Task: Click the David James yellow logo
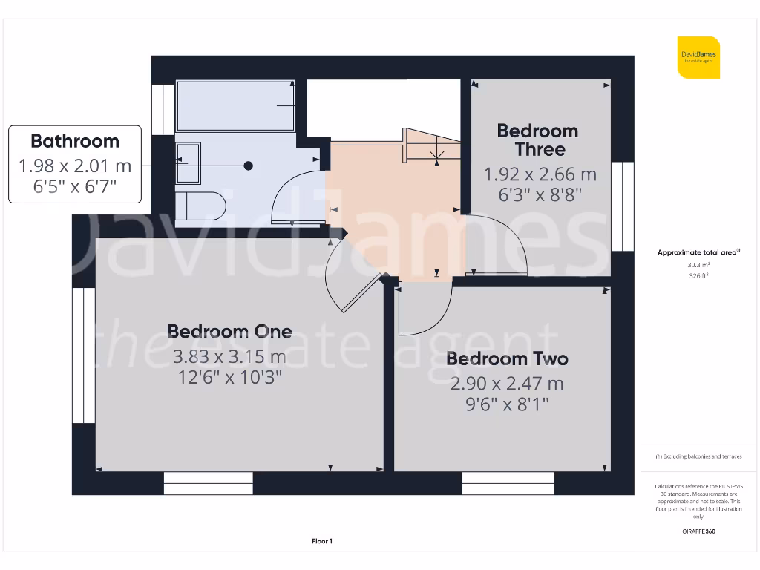[698, 56]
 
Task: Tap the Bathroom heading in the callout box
[74, 141]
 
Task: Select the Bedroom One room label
[229, 331]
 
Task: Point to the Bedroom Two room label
[507, 359]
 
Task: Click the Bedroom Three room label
[537, 140]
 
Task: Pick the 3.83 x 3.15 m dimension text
[229, 356]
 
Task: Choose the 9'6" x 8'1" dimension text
[507, 404]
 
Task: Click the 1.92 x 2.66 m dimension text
[540, 174]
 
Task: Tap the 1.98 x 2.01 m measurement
[74, 166]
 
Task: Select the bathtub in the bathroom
[235, 106]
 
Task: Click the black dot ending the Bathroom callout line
[249, 166]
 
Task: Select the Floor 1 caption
[322, 542]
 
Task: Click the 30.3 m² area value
[698, 264]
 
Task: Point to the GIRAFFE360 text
[698, 531]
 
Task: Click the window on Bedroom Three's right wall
[628, 206]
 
